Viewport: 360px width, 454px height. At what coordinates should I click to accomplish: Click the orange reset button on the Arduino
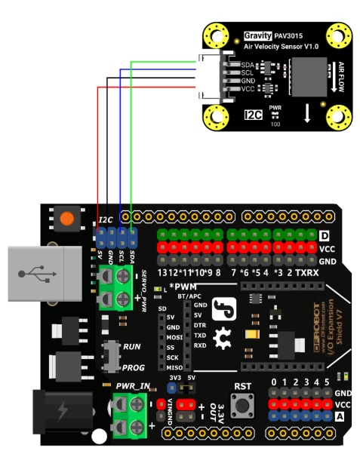pos(67,219)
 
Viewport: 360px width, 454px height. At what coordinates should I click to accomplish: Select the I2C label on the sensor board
pos(253,115)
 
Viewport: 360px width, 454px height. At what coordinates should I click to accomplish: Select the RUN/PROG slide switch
pos(114,355)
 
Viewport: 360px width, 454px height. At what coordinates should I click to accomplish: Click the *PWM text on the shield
pos(183,286)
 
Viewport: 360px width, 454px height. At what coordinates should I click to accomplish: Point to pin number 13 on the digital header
pos(164,271)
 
